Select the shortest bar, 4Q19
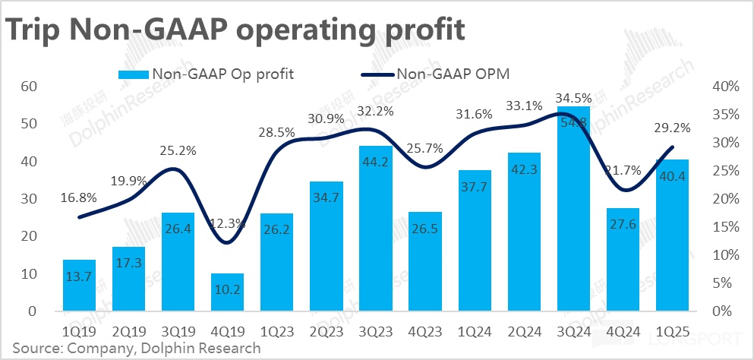point(227,292)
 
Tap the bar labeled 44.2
point(376,228)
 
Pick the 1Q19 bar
point(79,286)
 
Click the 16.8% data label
point(79,197)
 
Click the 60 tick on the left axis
point(28,87)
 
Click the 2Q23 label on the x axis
point(327,332)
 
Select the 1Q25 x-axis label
point(672,332)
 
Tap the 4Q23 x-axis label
point(425,332)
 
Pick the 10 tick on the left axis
point(28,274)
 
